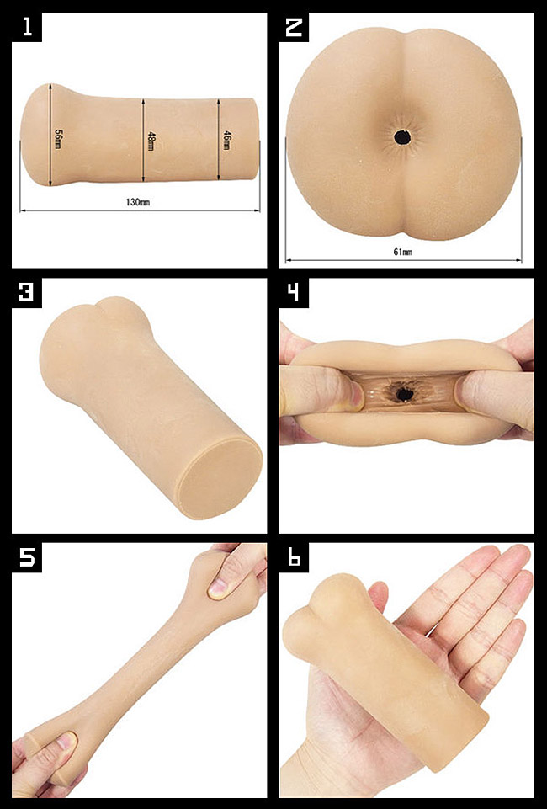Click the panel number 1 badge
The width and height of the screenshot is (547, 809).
[x=27, y=27]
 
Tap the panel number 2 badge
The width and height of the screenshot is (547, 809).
[x=294, y=27]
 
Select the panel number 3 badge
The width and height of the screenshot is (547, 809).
[x=27, y=293]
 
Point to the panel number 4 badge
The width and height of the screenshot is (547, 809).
[x=294, y=293]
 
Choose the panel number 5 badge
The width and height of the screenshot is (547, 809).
[x=27, y=557]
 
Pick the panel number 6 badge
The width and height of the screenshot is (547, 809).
[x=294, y=557]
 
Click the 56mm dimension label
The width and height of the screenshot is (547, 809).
[x=58, y=139]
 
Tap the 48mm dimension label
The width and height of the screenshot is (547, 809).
[x=151, y=141]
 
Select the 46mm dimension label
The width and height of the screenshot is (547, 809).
[x=226, y=141]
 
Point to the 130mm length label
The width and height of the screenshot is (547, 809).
[x=138, y=202]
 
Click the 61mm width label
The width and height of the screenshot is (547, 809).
[x=402, y=252]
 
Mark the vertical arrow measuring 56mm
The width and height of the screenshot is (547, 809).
[x=50, y=135]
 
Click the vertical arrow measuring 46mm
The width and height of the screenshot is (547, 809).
[x=218, y=139]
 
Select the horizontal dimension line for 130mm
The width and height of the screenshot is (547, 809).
[x=140, y=210]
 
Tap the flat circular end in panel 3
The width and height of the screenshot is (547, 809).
[x=219, y=478]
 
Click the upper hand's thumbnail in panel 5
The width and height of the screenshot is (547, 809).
[x=218, y=586]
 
